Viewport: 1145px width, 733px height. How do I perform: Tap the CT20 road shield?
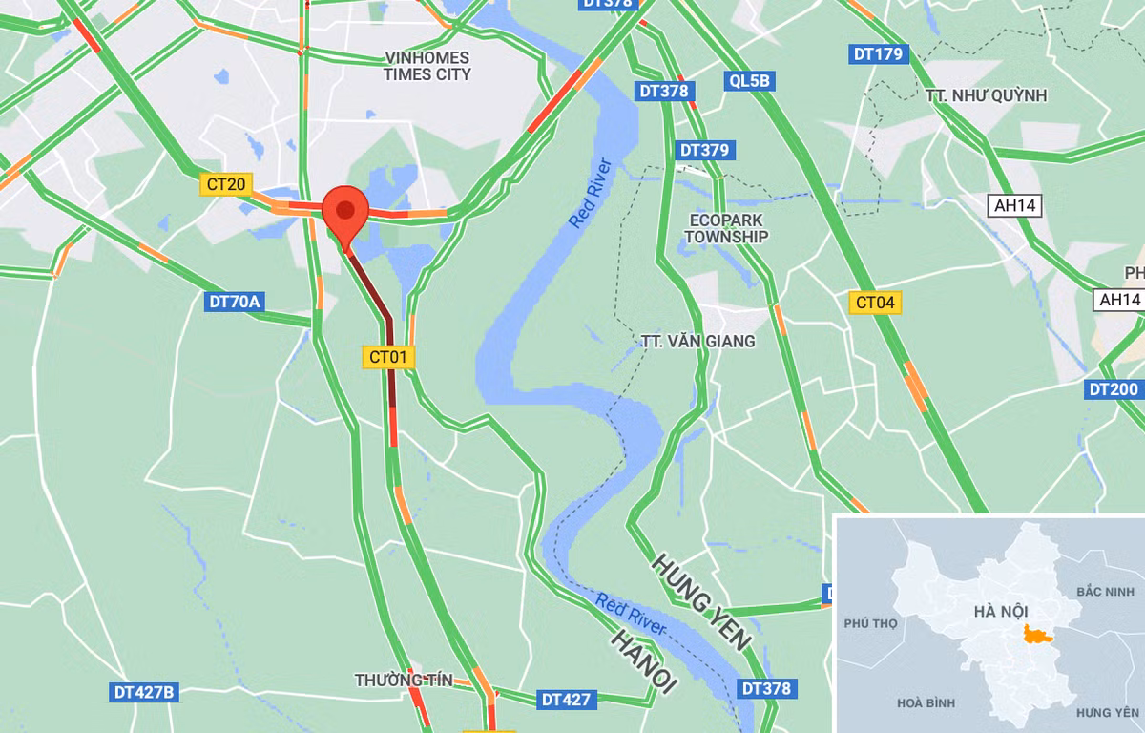pyautogui.click(x=224, y=184)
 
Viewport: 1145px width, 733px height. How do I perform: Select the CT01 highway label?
pyautogui.click(x=389, y=357)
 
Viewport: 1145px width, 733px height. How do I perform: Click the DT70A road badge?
pyautogui.click(x=234, y=303)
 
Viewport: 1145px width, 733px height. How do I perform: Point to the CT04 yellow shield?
pyautogui.click(x=875, y=304)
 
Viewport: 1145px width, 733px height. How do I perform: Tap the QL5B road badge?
pyautogui.click(x=749, y=81)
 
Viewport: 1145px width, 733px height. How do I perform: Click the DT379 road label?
pyautogui.click(x=704, y=150)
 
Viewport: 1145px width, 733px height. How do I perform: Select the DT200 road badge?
pyautogui.click(x=1114, y=389)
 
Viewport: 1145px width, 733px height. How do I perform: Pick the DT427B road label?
pyautogui.click(x=144, y=692)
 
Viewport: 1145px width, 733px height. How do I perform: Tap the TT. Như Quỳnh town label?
pyautogui.click(x=986, y=95)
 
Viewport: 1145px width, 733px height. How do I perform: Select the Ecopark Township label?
pyautogui.click(x=728, y=227)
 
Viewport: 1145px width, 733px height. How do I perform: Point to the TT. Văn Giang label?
pyautogui.click(x=697, y=341)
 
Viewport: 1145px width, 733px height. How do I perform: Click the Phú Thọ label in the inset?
pyautogui.click(x=871, y=623)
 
